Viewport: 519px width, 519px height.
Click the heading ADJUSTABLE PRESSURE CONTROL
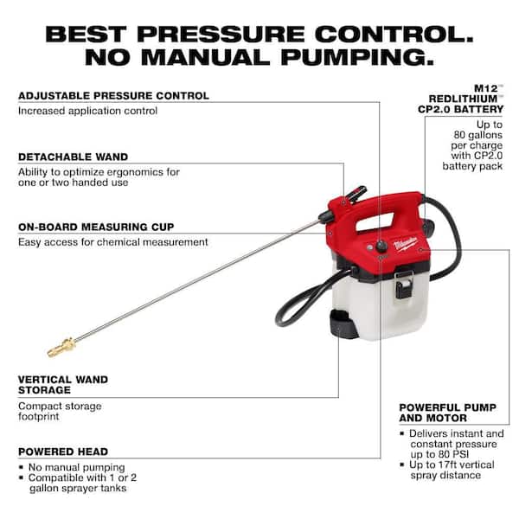coord(113,95)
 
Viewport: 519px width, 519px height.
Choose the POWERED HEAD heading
coord(63,451)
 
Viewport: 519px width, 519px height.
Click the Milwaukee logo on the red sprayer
coord(405,241)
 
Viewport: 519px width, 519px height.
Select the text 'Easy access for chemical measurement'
coord(112,242)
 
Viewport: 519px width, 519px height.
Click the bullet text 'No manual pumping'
coord(76,467)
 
